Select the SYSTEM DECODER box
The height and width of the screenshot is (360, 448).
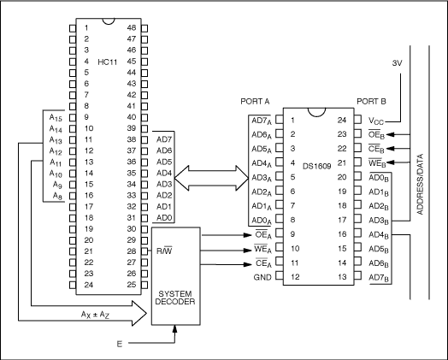[175, 276]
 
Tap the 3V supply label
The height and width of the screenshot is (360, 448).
[398, 64]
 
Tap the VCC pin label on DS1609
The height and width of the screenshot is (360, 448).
[377, 121]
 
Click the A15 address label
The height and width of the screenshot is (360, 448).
[56, 117]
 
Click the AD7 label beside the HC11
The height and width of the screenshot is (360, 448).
[164, 139]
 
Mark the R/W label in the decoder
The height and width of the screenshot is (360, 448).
[166, 251]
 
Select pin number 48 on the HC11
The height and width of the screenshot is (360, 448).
[131, 27]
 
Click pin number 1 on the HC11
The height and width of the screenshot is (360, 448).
[86, 27]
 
